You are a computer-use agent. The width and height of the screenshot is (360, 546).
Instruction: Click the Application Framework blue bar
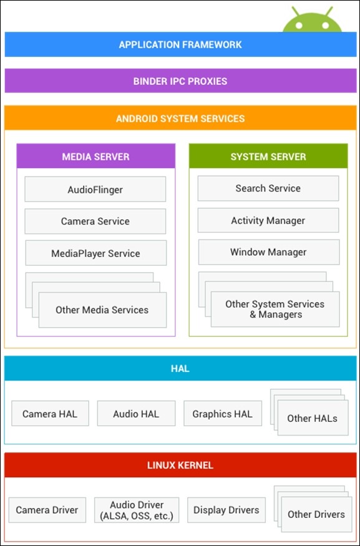[x=180, y=45]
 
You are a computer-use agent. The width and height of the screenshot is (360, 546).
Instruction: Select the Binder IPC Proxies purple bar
[x=180, y=81]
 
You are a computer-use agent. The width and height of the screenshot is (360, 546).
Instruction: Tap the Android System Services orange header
[x=180, y=119]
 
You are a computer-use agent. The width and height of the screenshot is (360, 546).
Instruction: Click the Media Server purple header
[x=95, y=157]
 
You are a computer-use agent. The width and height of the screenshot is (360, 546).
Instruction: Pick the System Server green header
[x=268, y=157]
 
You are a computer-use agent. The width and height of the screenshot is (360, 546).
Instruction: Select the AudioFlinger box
[x=95, y=189]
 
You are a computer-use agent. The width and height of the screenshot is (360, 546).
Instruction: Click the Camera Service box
[x=95, y=222]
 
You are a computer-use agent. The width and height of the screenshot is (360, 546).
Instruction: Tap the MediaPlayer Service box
[x=95, y=253]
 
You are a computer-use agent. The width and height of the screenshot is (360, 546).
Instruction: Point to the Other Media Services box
[x=102, y=310]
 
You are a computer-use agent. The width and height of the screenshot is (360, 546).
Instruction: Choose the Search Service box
[x=268, y=188]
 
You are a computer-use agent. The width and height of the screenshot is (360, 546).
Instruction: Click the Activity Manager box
[x=268, y=220]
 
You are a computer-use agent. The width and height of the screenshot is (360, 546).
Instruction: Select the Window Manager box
[x=268, y=253]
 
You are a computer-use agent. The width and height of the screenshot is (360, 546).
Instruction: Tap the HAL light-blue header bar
[x=180, y=369]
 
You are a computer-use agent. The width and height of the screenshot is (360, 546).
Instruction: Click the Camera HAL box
[x=50, y=414]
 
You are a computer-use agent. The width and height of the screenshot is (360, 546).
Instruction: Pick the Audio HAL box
[x=136, y=414]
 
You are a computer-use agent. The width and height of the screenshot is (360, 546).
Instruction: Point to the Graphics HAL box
[x=223, y=414]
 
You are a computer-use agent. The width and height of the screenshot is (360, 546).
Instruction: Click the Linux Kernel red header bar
[x=180, y=465]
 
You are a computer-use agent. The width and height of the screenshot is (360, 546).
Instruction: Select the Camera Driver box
[x=47, y=510]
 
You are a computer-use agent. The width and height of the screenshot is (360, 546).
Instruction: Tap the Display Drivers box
[x=226, y=510]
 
